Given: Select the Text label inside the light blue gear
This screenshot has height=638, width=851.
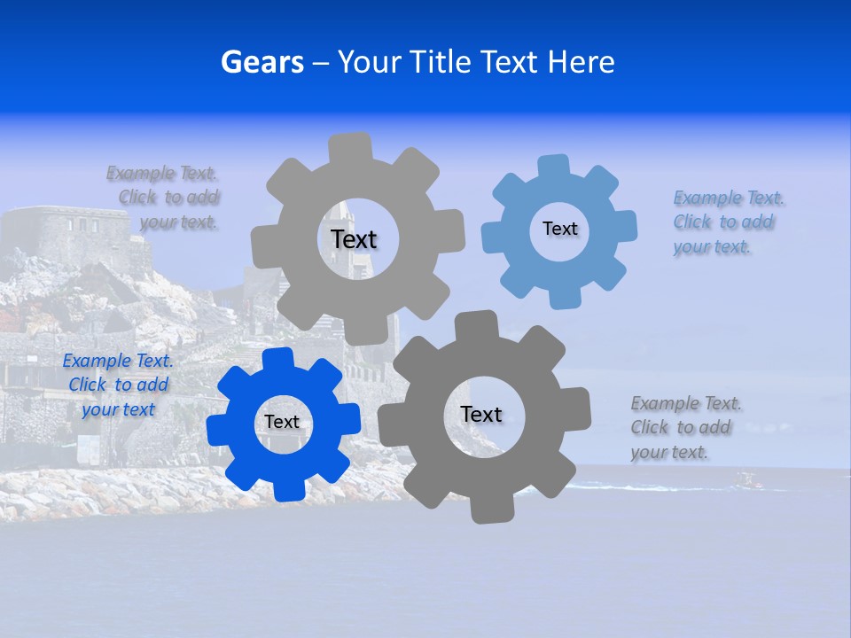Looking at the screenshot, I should pos(559,229).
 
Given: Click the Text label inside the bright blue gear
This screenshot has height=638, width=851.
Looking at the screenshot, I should pos(282,422).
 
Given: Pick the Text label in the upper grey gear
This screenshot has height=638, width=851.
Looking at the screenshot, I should pos(354,239).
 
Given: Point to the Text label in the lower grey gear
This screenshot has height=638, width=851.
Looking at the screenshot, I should pos(481,414).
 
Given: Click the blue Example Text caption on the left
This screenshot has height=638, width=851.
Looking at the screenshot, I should pos(118,385).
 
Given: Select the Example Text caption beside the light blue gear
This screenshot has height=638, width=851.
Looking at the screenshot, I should pos(729,222).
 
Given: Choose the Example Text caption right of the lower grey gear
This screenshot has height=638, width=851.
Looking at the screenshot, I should pos(686,428).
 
